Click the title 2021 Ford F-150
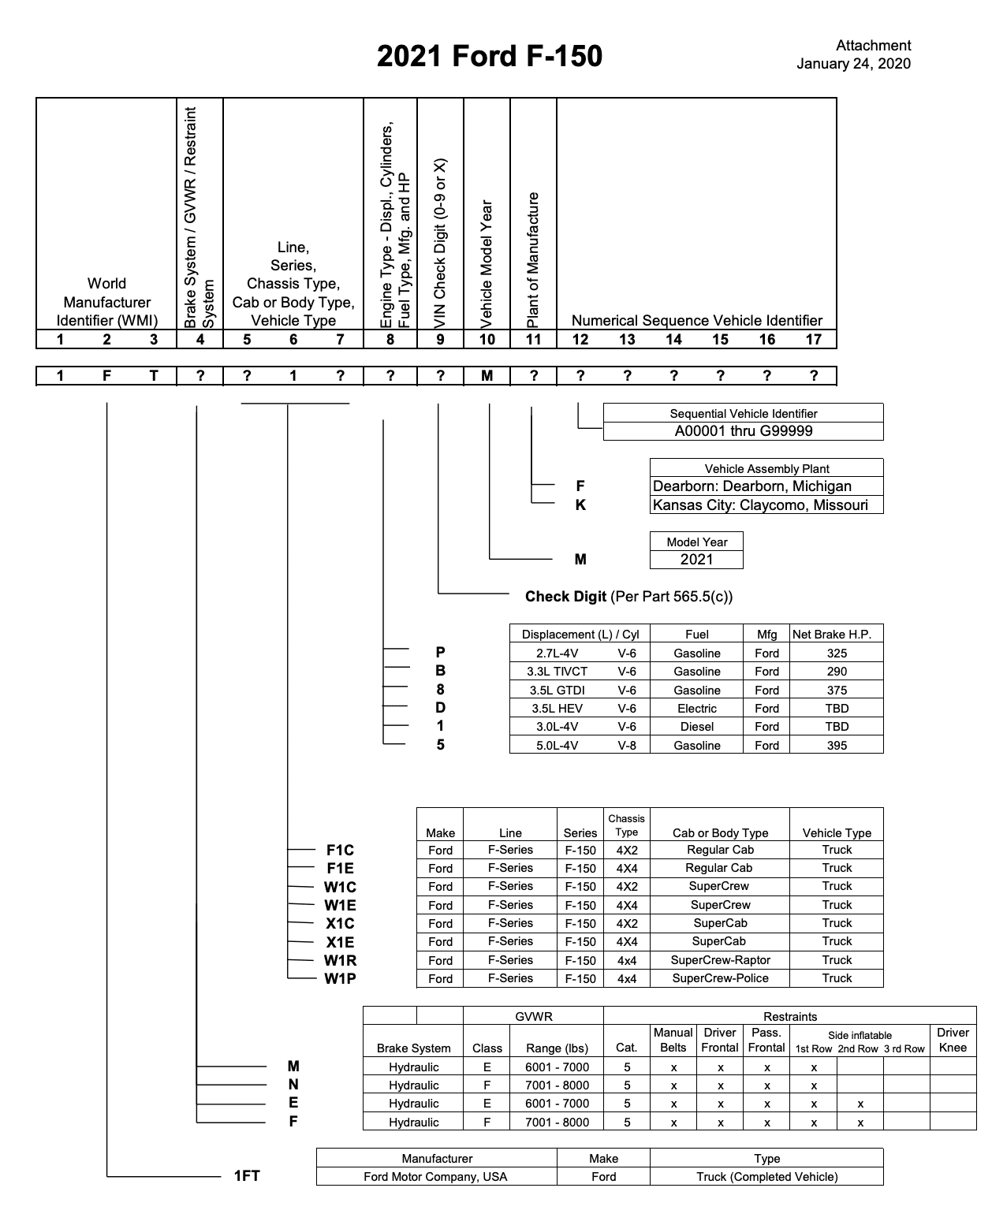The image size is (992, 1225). [x=489, y=56]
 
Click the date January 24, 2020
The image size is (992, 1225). [x=853, y=64]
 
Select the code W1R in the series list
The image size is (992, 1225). [x=340, y=960]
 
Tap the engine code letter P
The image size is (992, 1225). [x=440, y=653]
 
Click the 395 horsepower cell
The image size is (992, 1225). [x=837, y=745]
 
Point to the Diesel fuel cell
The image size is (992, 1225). [x=696, y=727]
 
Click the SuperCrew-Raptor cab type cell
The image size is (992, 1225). [x=720, y=960]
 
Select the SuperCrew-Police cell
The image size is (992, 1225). [x=720, y=978]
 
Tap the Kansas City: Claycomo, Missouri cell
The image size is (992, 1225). [x=760, y=505]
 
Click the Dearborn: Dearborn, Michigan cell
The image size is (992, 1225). [x=752, y=486]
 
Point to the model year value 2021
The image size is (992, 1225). [x=696, y=560]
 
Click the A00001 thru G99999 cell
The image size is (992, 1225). [x=743, y=431]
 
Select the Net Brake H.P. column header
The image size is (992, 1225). [x=837, y=635]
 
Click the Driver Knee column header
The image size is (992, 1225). [x=953, y=1040]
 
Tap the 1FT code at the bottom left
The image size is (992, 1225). [x=247, y=1176]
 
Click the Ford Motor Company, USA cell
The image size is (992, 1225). [x=435, y=1177]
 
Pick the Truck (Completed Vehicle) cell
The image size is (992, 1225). [x=766, y=1177]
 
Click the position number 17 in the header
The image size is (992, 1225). [x=814, y=340]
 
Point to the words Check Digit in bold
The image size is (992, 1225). [x=565, y=597]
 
